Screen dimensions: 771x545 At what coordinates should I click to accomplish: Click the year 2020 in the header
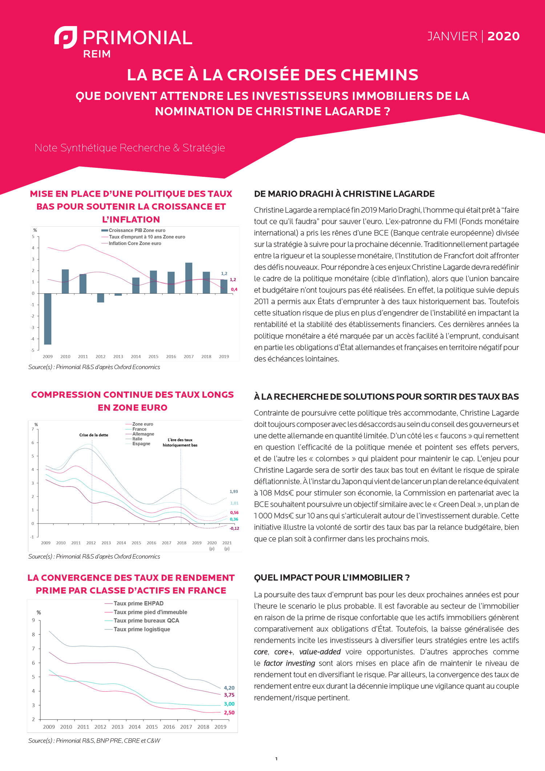(x=503, y=36)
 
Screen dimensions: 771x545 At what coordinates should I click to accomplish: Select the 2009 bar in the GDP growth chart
(x=48, y=319)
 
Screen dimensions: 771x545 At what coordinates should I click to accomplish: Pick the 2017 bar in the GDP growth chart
(x=189, y=278)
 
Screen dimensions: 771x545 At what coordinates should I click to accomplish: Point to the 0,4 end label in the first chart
(x=234, y=290)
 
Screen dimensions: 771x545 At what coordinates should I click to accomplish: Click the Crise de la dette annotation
(x=94, y=435)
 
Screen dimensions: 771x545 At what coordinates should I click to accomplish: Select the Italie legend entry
(x=137, y=439)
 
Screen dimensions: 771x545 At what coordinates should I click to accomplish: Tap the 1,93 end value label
(x=234, y=492)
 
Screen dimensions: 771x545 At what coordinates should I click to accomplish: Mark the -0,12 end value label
(x=234, y=529)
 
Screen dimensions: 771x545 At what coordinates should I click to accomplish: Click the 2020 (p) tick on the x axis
(x=212, y=545)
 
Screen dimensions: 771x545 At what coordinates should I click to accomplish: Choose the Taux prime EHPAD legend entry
(x=138, y=604)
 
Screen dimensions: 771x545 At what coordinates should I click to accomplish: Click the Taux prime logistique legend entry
(x=141, y=629)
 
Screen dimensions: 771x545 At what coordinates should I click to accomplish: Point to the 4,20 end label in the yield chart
(x=229, y=688)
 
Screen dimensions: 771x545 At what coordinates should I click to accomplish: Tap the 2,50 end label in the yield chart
(x=229, y=713)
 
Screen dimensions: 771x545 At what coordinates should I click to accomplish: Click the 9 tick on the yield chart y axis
(x=33, y=620)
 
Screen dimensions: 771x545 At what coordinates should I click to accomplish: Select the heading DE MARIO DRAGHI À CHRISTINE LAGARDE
(x=344, y=194)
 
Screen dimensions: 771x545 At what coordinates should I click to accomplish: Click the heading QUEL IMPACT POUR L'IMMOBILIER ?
(x=332, y=578)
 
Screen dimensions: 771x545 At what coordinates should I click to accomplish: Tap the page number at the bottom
(x=276, y=759)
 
